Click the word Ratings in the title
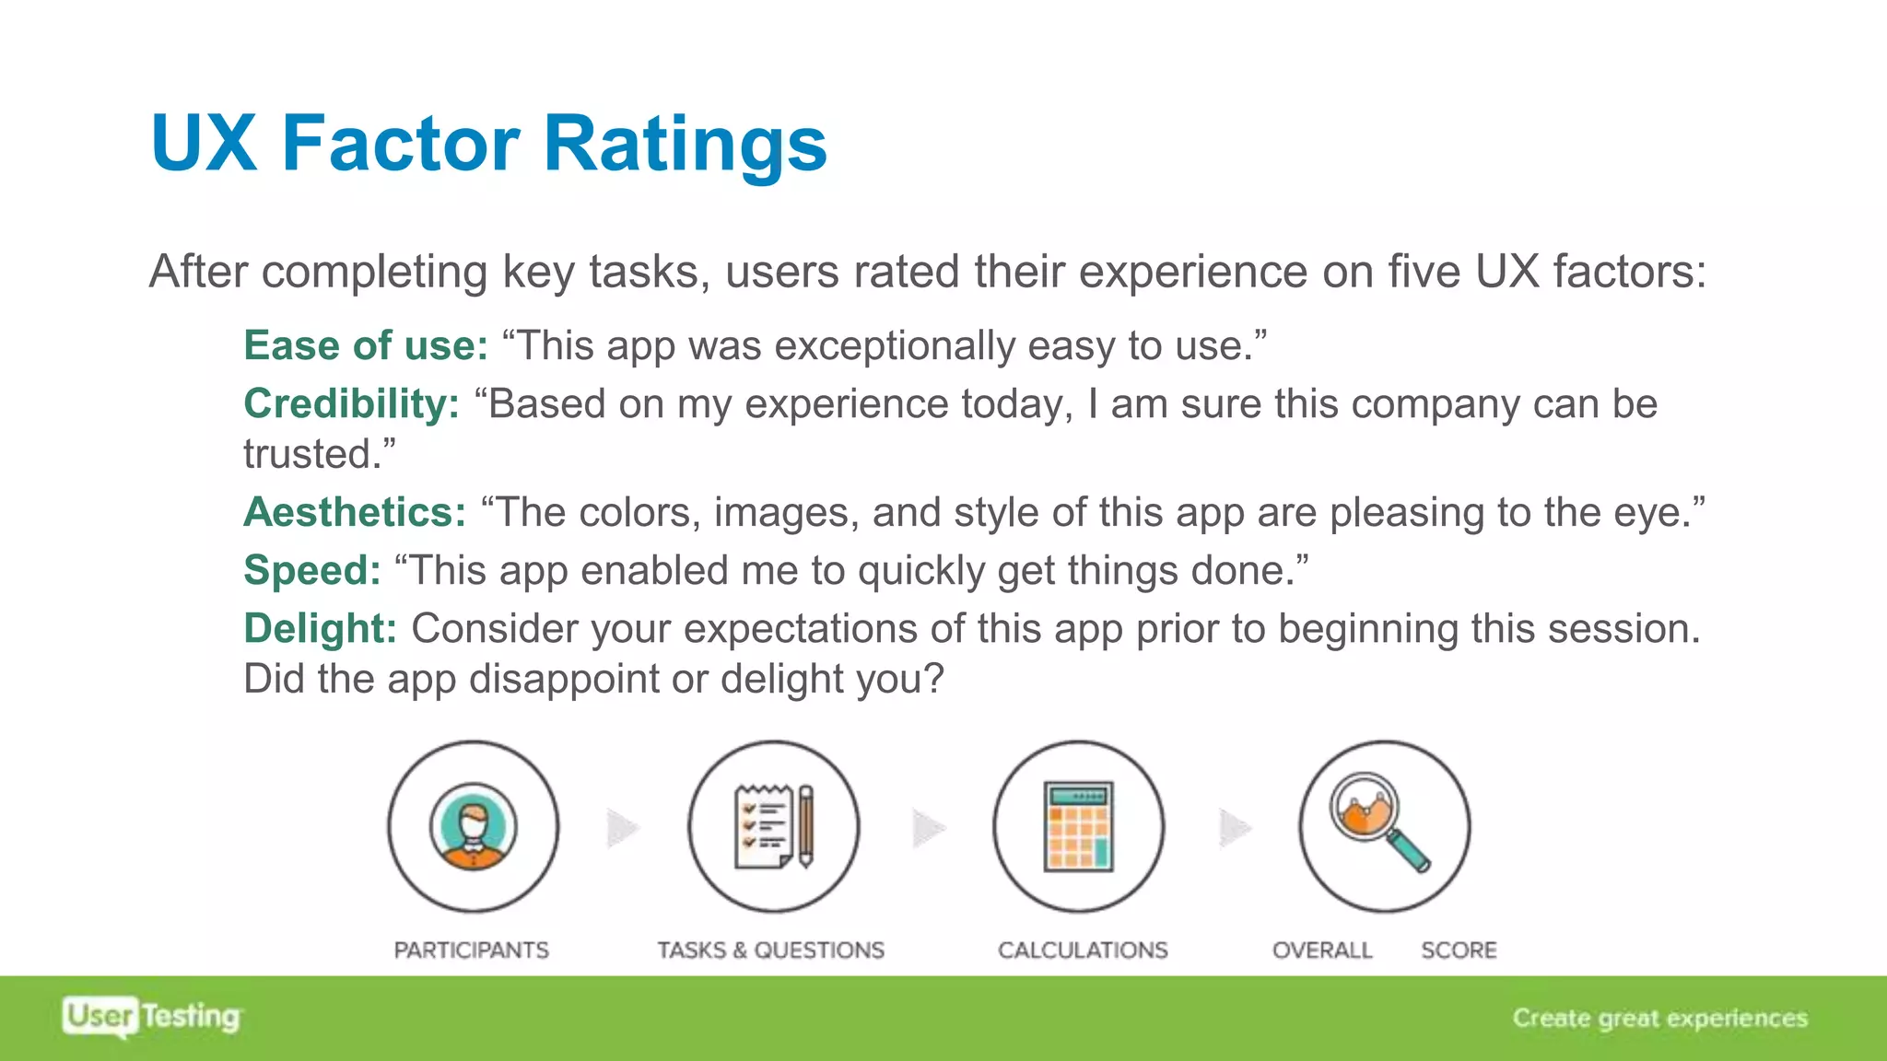pos(686,144)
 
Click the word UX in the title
pos(204,144)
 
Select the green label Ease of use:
pos(366,346)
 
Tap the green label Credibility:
pos(351,404)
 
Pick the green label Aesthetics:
pos(355,512)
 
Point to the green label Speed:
pos(311,570)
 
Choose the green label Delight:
pos(320,628)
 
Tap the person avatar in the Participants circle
pos(473,826)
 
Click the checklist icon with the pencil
pos(774,826)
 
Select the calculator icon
pos(1078,826)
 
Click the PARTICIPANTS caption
pos(471,950)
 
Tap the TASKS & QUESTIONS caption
pos(770,950)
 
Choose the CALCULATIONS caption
pos(1083,950)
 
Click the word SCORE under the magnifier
pos(1459,950)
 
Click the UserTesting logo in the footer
pos(152,1017)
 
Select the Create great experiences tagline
pos(1659,1018)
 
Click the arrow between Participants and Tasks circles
pos(623,828)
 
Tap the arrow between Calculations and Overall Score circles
pos(1235,828)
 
